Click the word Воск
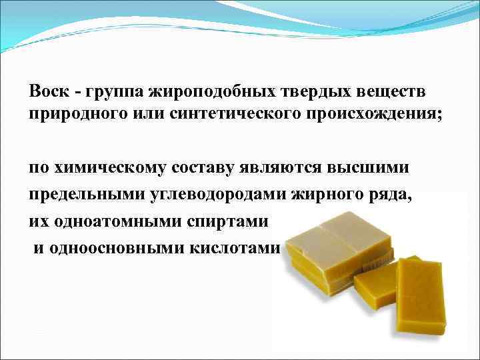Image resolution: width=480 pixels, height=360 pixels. tap(47, 89)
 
